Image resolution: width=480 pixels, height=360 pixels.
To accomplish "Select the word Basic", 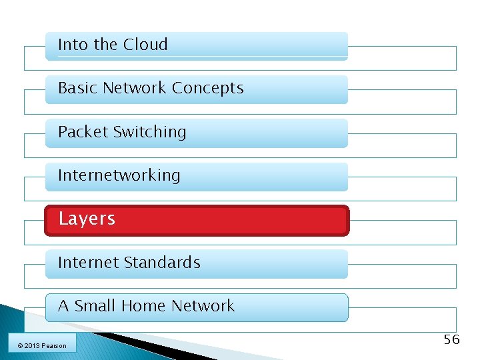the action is (x=78, y=88).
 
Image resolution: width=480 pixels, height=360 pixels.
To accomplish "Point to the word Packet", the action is (x=83, y=132).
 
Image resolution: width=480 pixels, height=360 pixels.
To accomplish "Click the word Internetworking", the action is (x=119, y=175).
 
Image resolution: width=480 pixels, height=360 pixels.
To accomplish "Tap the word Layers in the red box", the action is (x=87, y=219).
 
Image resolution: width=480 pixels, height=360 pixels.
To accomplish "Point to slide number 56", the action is (x=451, y=340).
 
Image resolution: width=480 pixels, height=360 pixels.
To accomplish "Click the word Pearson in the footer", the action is (x=54, y=345).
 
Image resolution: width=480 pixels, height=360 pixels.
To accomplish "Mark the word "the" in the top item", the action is (x=105, y=45).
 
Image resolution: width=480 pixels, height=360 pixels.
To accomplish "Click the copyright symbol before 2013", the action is (x=20, y=345).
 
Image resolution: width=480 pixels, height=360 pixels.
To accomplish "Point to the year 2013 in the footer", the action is (x=32, y=345).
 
